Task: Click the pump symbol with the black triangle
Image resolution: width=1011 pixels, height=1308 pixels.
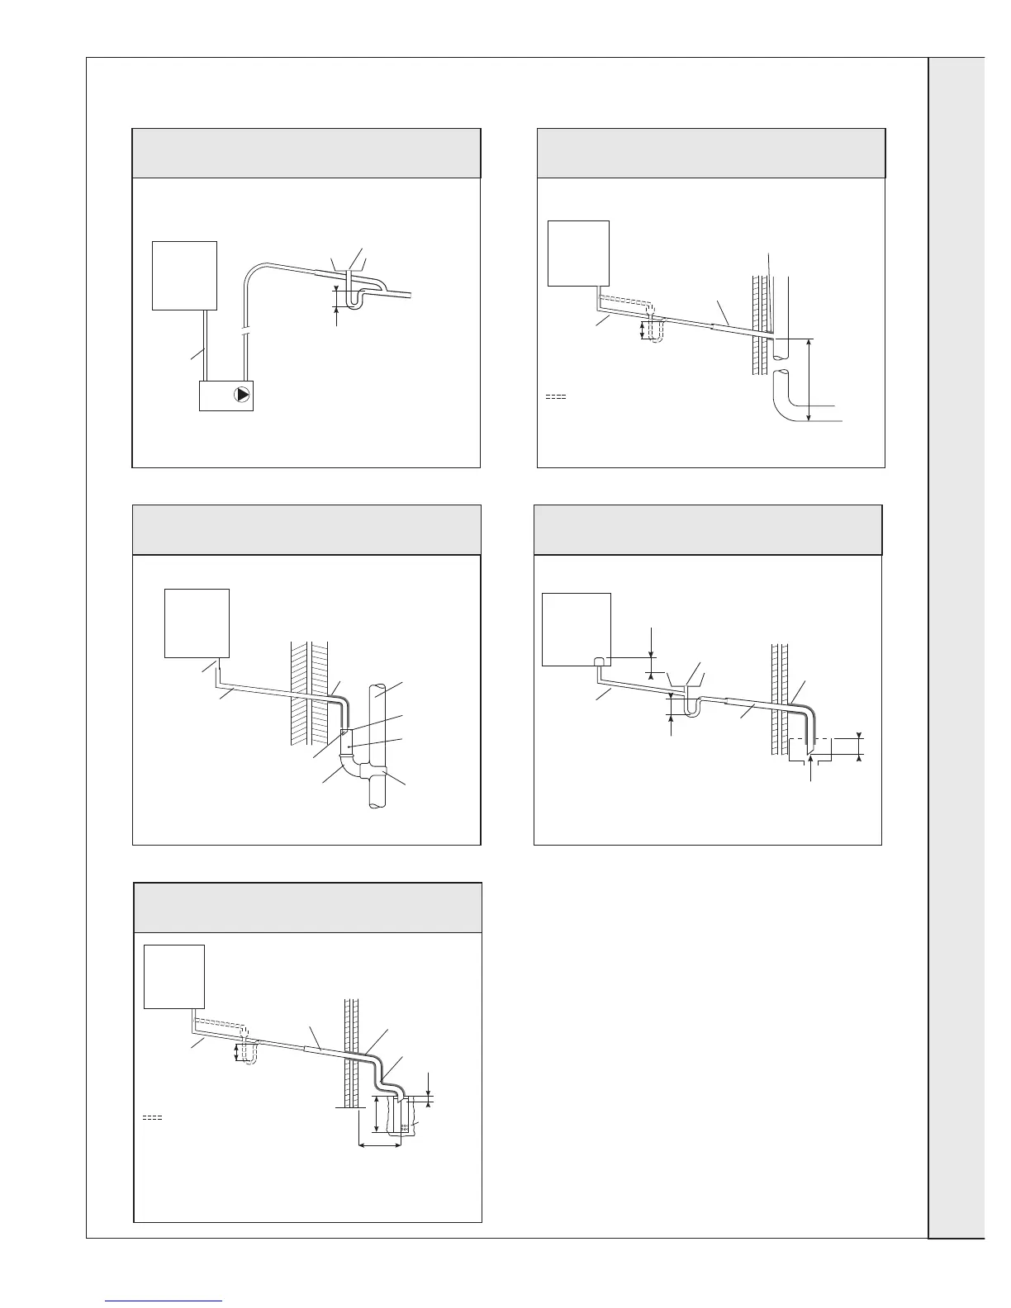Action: click(242, 395)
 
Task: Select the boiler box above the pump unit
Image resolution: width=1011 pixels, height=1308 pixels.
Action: click(184, 275)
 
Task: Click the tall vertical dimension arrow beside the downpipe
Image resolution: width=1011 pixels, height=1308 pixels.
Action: click(809, 380)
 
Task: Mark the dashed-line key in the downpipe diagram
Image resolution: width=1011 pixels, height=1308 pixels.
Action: click(556, 398)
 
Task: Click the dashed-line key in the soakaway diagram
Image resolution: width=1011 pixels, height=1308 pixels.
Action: click(151, 1117)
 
